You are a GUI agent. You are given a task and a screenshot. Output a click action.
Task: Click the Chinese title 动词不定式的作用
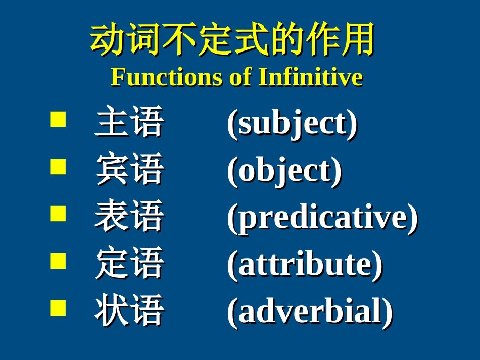coord(232,39)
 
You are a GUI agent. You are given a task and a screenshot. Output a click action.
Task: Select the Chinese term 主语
coord(129,121)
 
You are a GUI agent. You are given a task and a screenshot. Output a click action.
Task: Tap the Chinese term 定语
coord(129,263)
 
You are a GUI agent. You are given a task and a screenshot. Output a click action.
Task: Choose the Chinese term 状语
coord(129,310)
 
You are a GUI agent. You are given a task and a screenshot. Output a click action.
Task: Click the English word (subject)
coord(293,124)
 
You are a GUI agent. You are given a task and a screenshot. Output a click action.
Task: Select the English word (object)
coord(284,171)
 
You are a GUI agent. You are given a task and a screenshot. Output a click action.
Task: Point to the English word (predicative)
coord(323,218)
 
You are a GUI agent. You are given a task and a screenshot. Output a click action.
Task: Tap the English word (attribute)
coord(305,265)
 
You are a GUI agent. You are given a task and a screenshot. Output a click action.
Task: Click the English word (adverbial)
coord(310,312)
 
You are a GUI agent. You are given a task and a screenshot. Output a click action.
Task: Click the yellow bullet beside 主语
coord(58,119)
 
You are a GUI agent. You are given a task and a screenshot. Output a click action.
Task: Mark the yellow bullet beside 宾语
coord(58,167)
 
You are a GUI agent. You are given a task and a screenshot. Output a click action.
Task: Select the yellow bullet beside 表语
coord(58,214)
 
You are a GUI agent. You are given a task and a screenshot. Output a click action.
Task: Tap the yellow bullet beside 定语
coord(58,261)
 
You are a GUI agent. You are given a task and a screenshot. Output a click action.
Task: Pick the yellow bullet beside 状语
coord(58,308)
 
